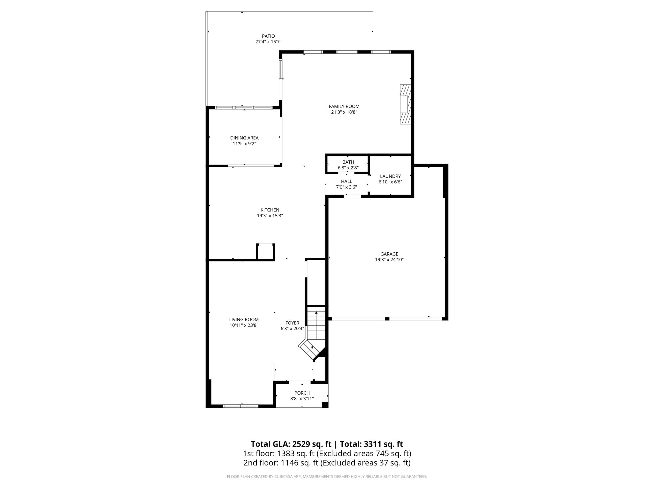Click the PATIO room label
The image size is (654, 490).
point(268,36)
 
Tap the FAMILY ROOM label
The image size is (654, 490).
point(344,107)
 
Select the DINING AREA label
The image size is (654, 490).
point(244,138)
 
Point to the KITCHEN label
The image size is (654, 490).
point(270,210)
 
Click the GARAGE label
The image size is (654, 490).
point(389,254)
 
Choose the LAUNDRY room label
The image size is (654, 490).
point(390,176)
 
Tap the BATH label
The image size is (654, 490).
point(348,162)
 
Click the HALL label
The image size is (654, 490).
point(346,182)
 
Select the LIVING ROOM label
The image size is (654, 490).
point(244,319)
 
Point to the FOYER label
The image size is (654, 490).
point(292,323)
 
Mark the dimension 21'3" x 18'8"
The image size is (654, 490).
point(344,112)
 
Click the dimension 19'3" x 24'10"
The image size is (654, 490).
point(389,260)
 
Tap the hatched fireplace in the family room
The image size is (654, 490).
point(406,104)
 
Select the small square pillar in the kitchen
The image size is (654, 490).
point(265,252)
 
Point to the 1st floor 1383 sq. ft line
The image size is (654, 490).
point(327,453)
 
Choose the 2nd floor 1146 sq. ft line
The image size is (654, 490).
point(327,463)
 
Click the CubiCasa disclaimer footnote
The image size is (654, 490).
point(327,477)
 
